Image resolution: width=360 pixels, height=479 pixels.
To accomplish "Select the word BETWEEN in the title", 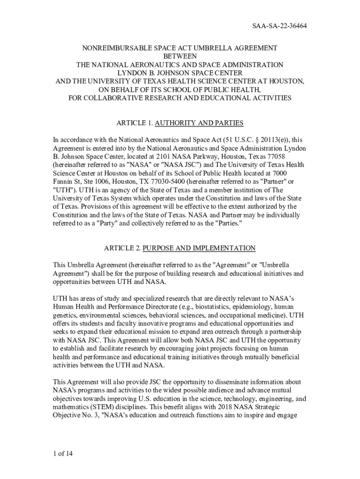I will point(180,56).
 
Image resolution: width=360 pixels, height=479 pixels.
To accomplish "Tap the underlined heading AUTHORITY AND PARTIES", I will point(199,123).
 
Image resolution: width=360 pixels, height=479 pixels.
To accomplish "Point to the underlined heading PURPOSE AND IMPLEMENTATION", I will point(199,248).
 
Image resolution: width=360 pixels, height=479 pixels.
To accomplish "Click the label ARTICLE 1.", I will point(134,123).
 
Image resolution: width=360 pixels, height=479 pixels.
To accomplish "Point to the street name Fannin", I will point(63,181).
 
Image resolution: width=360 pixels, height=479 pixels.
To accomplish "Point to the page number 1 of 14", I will point(63,453).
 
